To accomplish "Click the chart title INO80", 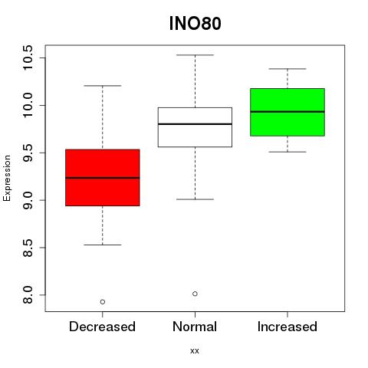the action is point(195,24).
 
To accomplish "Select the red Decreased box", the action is point(103,178).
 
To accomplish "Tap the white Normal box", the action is point(195,127).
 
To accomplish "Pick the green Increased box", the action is point(287,112).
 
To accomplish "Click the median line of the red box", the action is point(103,178).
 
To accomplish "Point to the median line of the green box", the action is point(287,112).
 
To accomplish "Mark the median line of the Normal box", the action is point(195,124).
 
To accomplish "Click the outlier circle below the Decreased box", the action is point(103,302).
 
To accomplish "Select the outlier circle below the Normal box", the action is point(195,294).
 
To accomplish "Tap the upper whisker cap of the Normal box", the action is point(195,55).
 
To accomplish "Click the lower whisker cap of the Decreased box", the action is point(103,245).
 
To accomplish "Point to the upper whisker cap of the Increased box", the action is point(287,69).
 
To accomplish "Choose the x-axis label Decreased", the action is point(102,327).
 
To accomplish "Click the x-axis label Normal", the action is point(195,327).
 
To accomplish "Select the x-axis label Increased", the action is point(287,327).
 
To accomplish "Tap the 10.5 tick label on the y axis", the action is point(28,58).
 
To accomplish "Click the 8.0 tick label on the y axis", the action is point(28,295).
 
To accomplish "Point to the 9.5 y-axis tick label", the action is point(28,153).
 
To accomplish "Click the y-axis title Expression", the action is point(7,178).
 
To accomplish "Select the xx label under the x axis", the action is point(195,351).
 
